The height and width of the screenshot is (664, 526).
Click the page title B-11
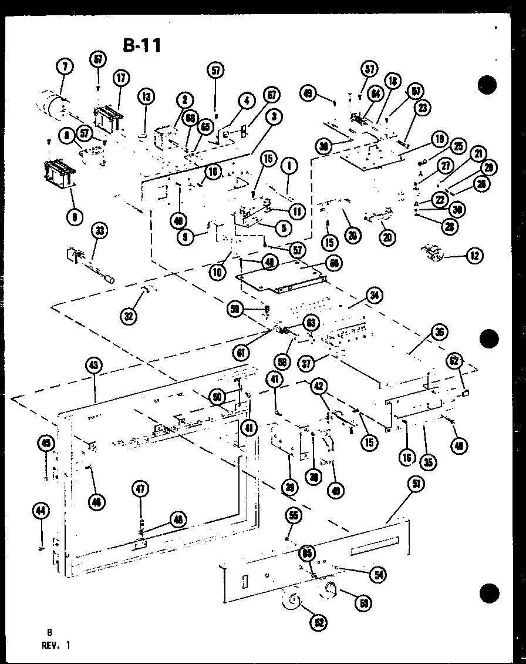[141, 45]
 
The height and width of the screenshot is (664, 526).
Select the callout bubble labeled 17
[120, 78]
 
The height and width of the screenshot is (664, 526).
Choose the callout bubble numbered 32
[129, 316]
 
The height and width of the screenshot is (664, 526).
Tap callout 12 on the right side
[473, 255]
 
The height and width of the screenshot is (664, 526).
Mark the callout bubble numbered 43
[95, 365]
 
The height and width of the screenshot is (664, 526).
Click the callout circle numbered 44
[39, 511]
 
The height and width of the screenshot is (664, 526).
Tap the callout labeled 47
[140, 489]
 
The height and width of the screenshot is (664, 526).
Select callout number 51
[416, 484]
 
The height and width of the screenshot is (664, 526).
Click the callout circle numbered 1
[289, 167]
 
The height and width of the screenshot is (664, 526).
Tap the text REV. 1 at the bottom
[58, 645]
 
